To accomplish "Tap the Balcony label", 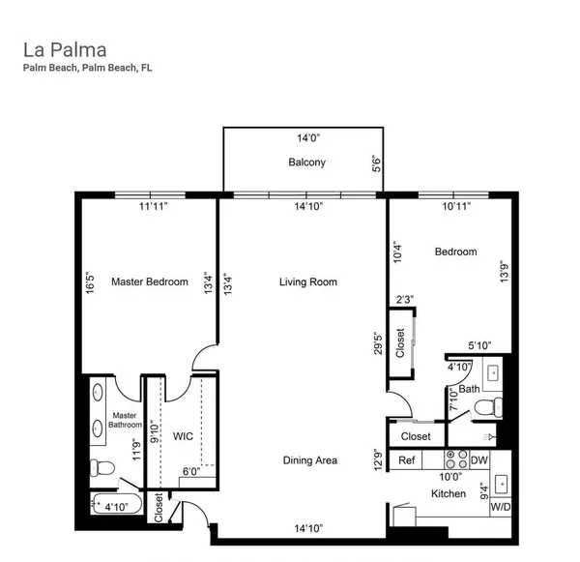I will point(306,163).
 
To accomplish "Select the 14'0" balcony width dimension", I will point(306,138).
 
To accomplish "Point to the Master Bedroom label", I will point(149,281).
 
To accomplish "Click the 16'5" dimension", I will point(90,287).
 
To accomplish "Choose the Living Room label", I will point(307,281).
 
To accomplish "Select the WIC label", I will point(183,437).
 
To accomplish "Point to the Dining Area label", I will point(309,460).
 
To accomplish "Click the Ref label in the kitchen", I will point(407,460).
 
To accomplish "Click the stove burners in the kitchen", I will point(456,459).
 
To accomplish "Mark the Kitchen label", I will point(449,494).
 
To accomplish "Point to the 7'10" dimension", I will point(451,401).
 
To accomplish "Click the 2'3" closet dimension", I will point(405,300).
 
